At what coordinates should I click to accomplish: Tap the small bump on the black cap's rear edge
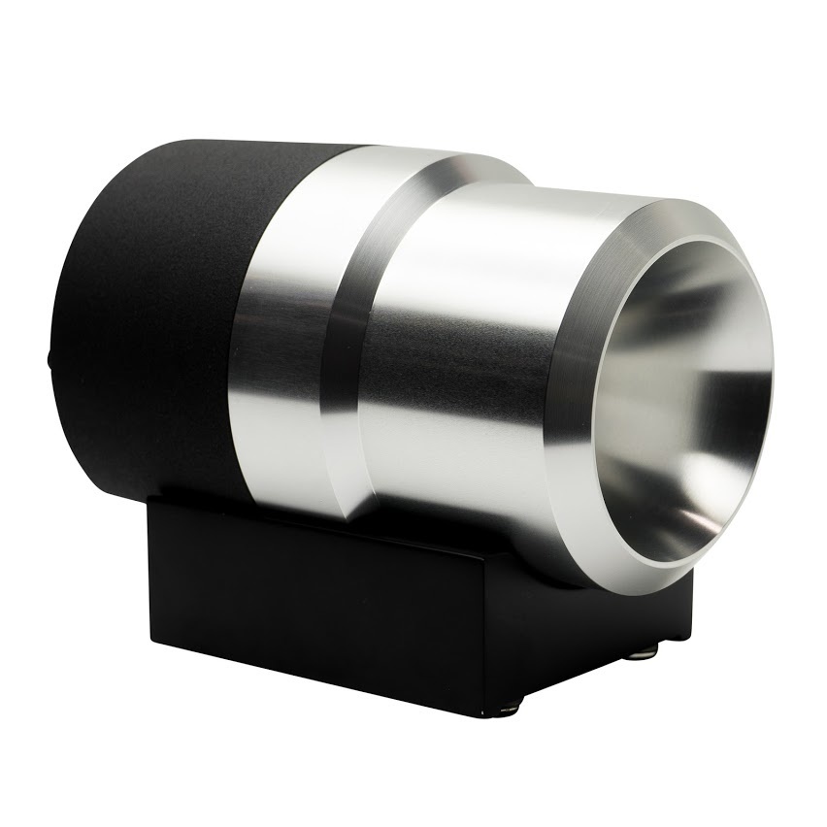click(49, 360)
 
